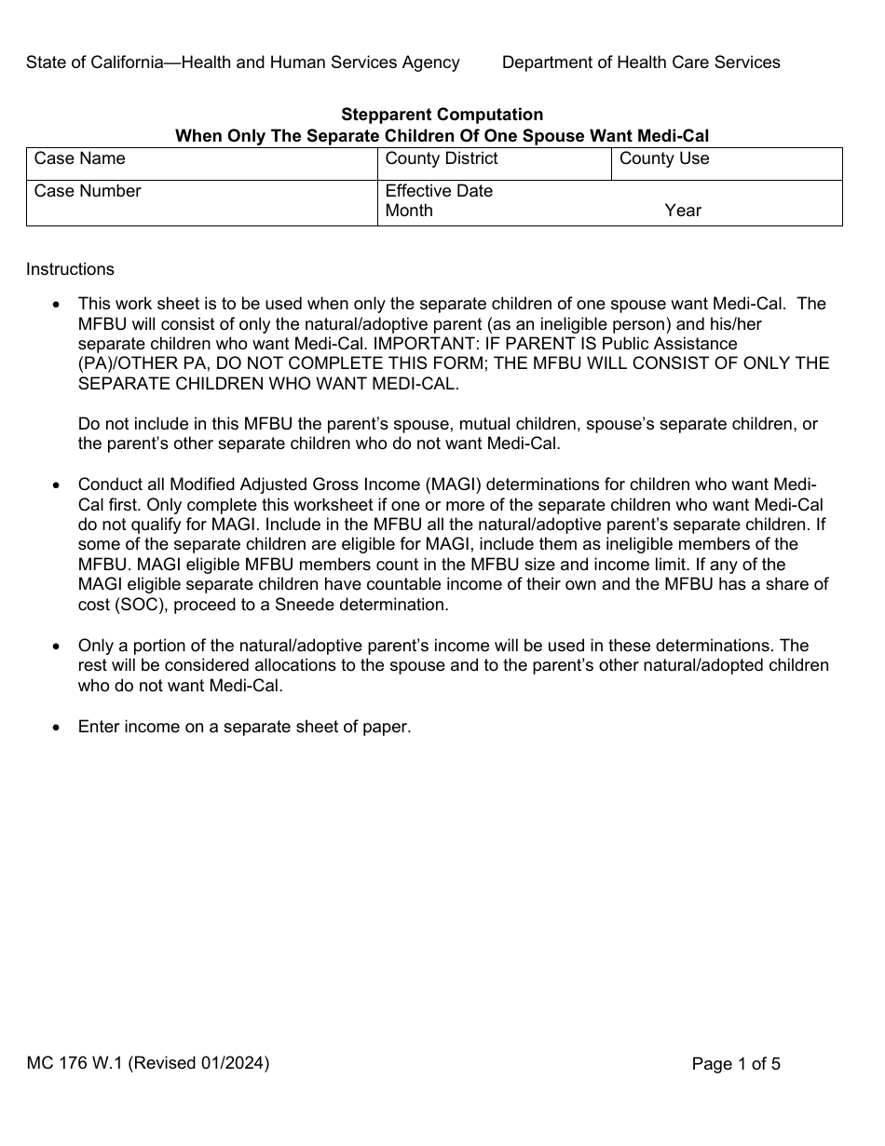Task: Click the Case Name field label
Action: [x=79, y=159]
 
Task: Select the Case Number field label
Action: [x=88, y=192]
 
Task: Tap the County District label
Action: [x=442, y=159]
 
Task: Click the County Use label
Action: [x=664, y=159]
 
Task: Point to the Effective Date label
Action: [x=439, y=192]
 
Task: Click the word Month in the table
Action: [x=409, y=211]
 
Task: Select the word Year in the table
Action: [x=683, y=211]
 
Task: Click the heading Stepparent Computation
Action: [x=442, y=116]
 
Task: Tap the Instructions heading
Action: [x=70, y=270]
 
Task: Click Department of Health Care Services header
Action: [x=641, y=62]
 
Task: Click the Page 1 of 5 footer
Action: [x=736, y=1064]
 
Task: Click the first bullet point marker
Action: [x=58, y=305]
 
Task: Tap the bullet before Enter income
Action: [x=58, y=728]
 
